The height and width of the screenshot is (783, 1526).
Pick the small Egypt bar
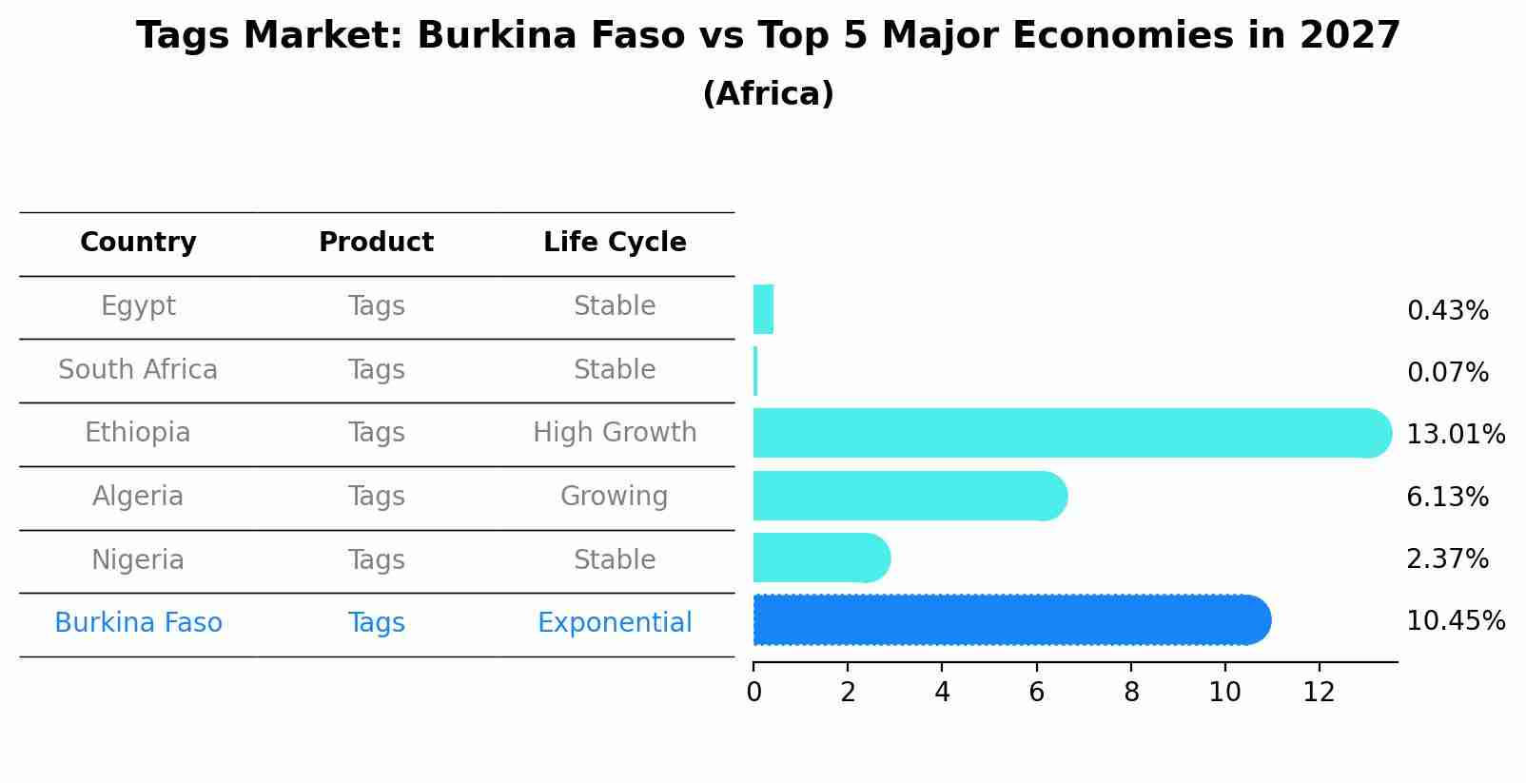pyautogui.click(x=763, y=309)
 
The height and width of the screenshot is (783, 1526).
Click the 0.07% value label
pyautogui.click(x=1447, y=373)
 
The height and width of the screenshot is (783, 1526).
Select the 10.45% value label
pyautogui.click(x=1455, y=621)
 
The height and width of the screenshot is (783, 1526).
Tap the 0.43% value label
pyautogui.click(x=1447, y=311)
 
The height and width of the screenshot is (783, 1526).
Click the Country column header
pyautogui.click(x=138, y=243)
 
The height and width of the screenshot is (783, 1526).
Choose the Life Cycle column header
pyautogui.click(x=615, y=243)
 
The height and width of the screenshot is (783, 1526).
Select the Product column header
pyautogui.click(x=376, y=243)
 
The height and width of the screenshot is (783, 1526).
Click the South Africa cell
pyautogui.click(x=138, y=370)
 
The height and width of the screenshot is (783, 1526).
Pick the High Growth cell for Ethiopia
pyautogui.click(x=615, y=433)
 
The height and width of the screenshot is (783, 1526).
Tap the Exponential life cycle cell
pyautogui.click(x=615, y=623)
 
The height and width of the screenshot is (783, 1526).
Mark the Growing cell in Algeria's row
pyautogui.click(x=615, y=497)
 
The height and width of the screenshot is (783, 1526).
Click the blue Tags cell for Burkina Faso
pyautogui.click(x=376, y=623)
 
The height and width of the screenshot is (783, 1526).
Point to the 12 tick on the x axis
pyautogui.click(x=1319, y=693)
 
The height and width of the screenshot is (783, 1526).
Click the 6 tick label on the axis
pyautogui.click(x=1036, y=693)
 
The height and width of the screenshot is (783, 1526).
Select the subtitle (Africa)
pyautogui.click(x=768, y=94)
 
